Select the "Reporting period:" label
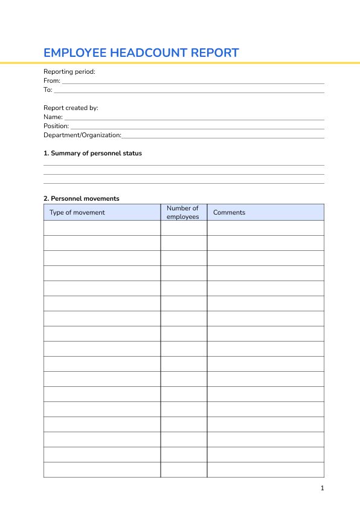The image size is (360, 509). [69, 71]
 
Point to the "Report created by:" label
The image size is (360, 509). [71, 108]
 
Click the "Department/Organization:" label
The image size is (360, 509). [82, 135]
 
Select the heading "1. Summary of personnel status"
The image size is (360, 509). [92, 153]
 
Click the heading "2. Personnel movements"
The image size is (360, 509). [82, 198]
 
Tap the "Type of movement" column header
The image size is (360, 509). [77, 212]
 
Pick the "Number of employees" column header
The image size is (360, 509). [183, 212]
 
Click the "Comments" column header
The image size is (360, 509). [230, 212]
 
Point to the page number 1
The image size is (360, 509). [323, 488]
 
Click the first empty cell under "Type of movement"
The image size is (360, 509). [102, 228]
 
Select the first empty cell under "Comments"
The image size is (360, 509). [265, 228]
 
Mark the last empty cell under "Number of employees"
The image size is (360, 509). [184, 470]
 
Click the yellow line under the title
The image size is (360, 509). [180, 62]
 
